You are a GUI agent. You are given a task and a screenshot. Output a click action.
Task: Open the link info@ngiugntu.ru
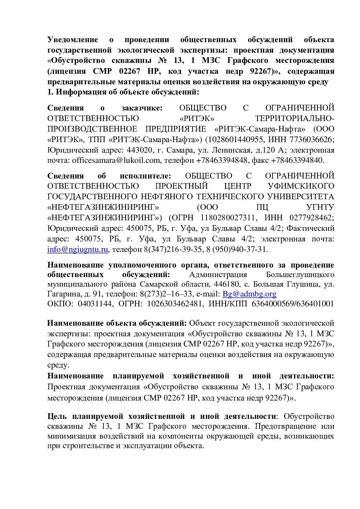(x=78, y=249)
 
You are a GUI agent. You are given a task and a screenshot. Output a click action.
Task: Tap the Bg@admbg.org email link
(x=249, y=294)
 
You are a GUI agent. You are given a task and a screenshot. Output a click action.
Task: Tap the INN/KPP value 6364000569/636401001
(x=293, y=304)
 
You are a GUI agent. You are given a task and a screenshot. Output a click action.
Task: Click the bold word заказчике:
(x=142, y=108)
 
